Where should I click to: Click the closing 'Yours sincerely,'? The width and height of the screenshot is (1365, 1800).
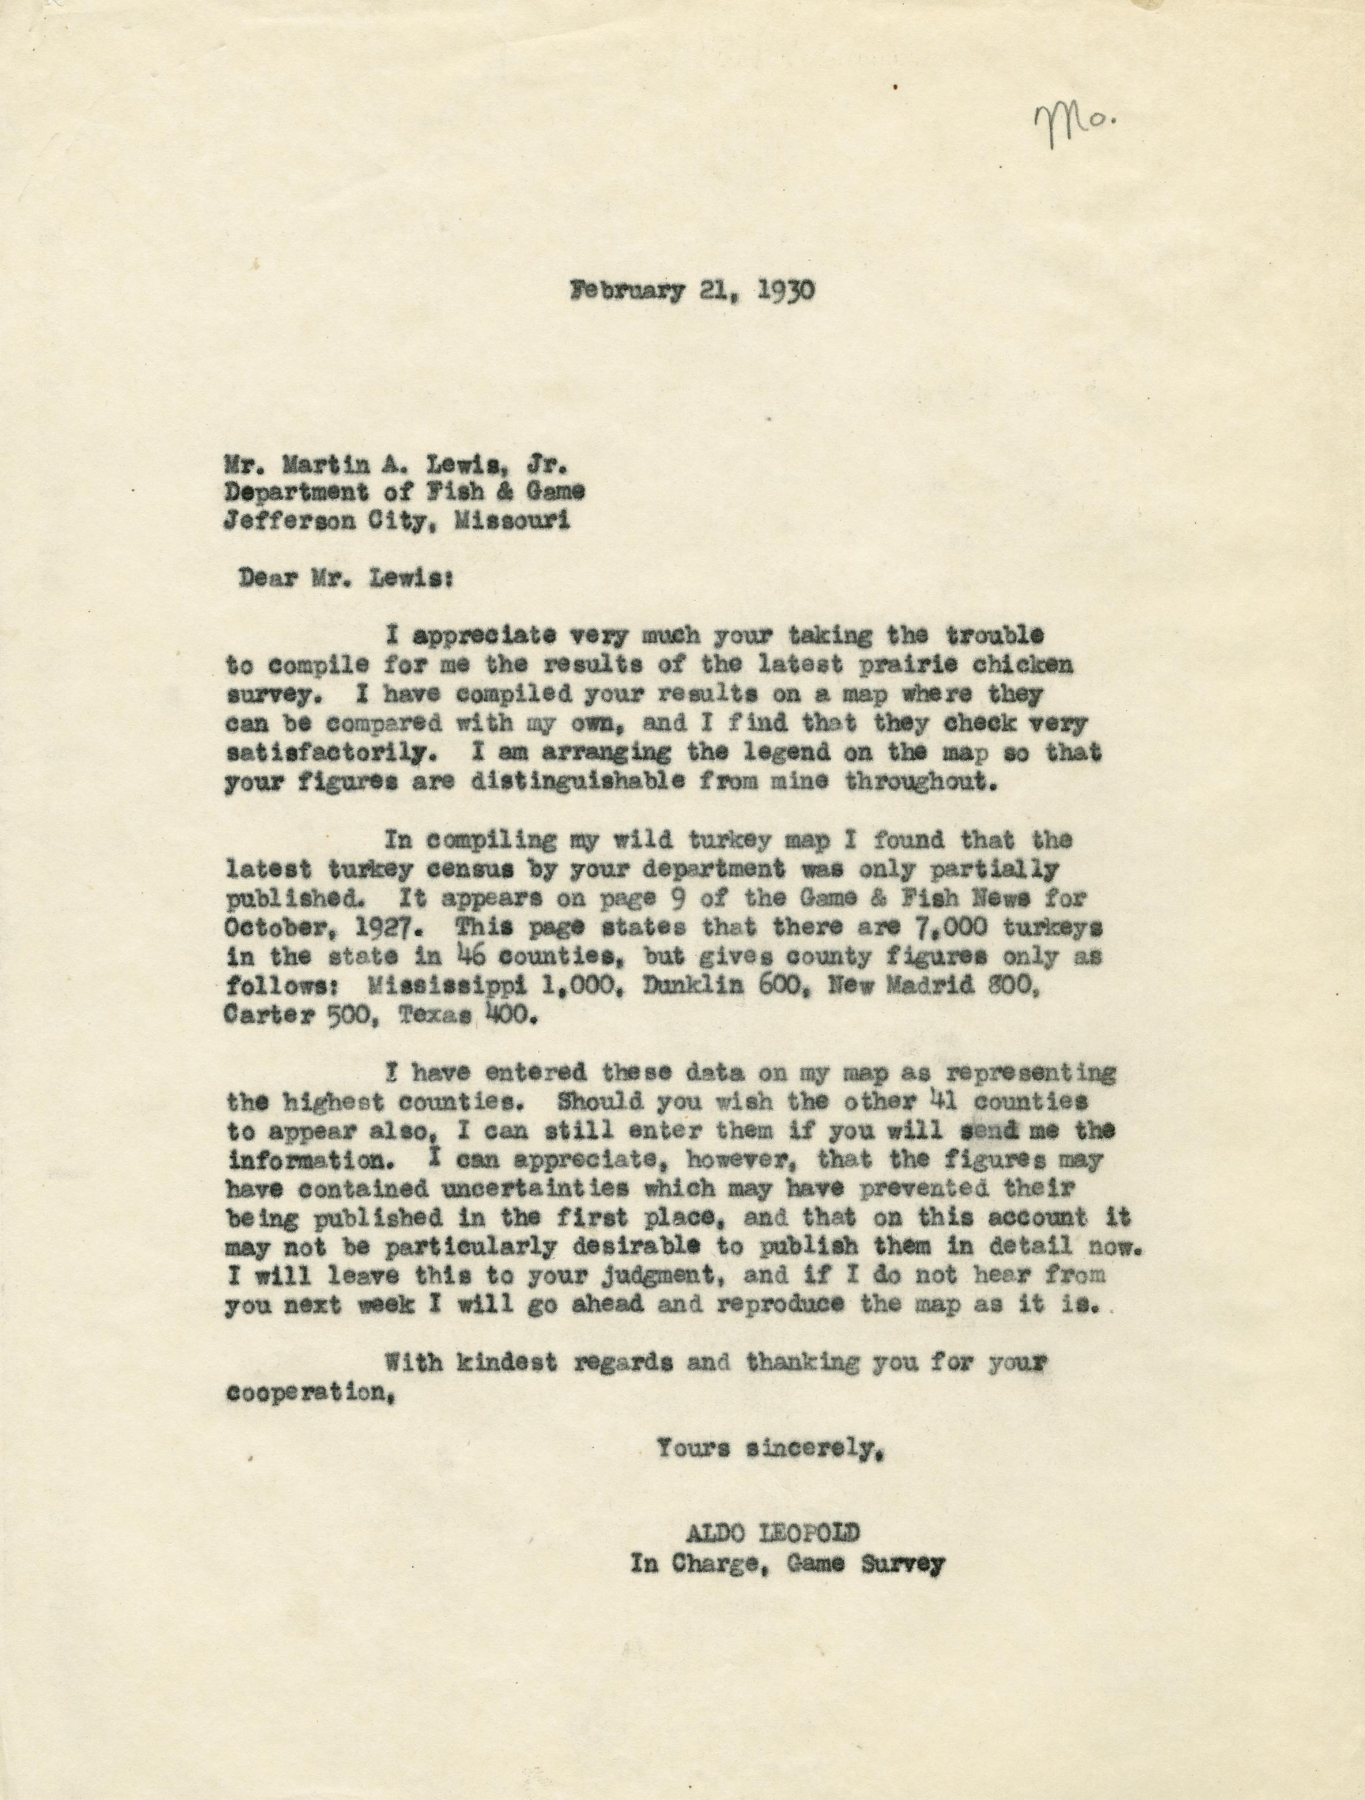click(x=770, y=1448)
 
